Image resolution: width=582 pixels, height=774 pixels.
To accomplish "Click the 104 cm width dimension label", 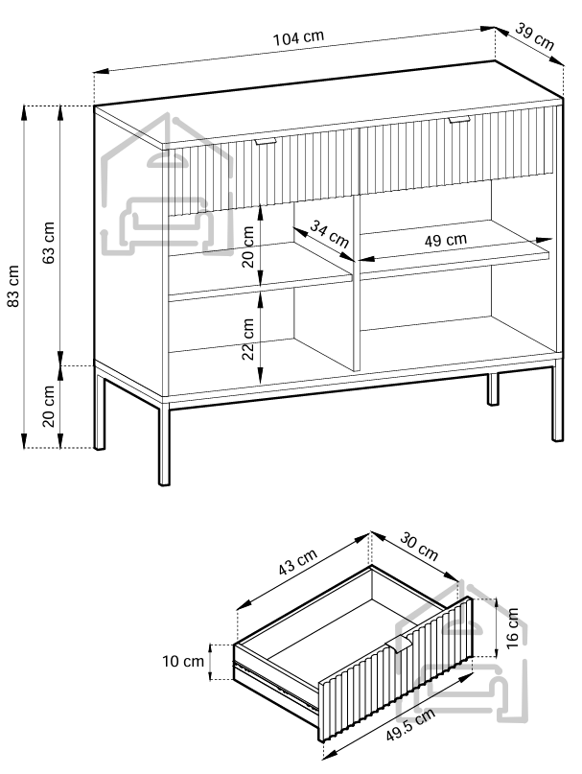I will (x=299, y=37).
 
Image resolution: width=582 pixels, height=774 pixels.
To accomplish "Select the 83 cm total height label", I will (x=13, y=285).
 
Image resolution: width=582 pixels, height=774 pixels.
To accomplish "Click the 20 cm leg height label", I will (x=49, y=407).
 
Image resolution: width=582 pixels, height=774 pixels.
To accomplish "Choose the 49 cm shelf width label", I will (x=445, y=240).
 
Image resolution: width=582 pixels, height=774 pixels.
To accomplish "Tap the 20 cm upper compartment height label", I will (x=247, y=246).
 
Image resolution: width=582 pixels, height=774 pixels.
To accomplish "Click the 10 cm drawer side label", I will (x=183, y=661).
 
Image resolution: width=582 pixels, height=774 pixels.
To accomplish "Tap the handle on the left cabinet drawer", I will (x=266, y=141).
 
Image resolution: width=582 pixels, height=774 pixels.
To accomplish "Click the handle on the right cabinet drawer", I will (x=458, y=120).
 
